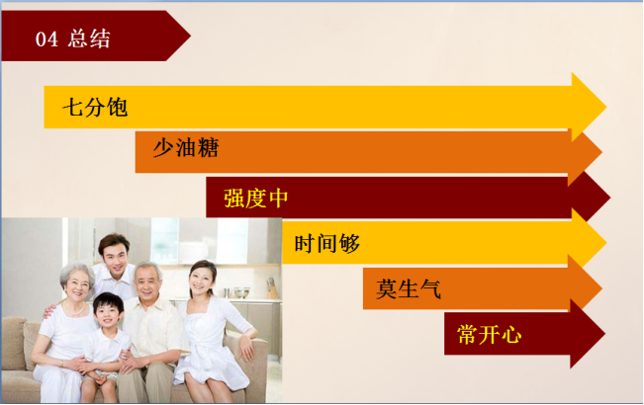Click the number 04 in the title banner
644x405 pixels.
(x=46, y=40)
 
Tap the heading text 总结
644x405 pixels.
(x=89, y=39)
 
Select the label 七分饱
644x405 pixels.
(x=95, y=108)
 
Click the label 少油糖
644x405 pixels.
(x=186, y=147)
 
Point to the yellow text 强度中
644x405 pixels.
(x=256, y=198)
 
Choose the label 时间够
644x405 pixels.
(x=326, y=243)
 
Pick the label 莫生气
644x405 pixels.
(x=409, y=288)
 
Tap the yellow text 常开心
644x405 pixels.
(x=489, y=334)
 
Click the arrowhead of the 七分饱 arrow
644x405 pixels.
(x=589, y=108)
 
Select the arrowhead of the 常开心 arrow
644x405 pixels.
(x=587, y=334)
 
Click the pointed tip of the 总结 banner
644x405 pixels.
(x=190, y=36)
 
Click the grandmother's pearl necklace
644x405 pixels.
(x=74, y=309)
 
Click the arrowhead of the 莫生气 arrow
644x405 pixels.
(x=586, y=288)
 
